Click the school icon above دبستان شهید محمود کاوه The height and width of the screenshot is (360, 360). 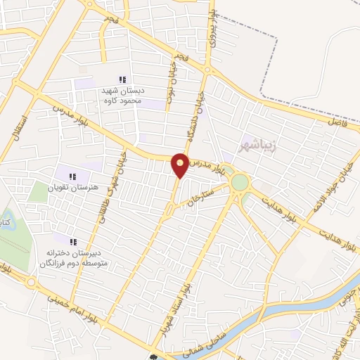click(122, 80)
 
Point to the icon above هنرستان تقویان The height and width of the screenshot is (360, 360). click(72, 176)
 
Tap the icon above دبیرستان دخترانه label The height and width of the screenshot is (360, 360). click(73, 241)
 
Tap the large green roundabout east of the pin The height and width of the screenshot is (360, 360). click(240, 182)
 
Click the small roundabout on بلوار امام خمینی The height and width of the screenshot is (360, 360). click(32, 283)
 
